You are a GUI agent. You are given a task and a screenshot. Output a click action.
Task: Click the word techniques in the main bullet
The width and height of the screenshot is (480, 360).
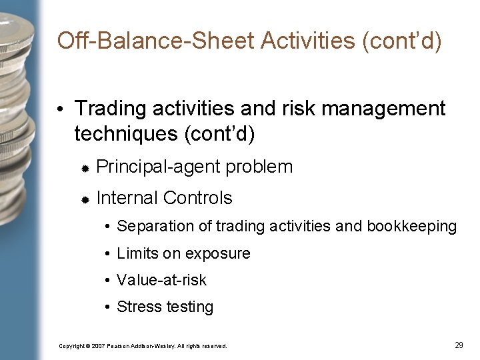(125, 134)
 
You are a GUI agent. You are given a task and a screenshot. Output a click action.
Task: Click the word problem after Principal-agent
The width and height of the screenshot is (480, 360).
(259, 167)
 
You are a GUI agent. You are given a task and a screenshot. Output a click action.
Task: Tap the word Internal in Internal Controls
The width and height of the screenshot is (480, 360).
(127, 198)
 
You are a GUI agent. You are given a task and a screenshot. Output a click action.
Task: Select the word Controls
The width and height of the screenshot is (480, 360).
(197, 198)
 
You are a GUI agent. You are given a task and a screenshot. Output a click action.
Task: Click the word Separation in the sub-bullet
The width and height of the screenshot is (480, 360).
(149, 227)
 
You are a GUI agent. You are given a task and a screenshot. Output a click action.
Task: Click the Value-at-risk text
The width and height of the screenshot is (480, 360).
(161, 280)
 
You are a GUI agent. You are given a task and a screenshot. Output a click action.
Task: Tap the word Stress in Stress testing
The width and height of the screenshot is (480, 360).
(135, 307)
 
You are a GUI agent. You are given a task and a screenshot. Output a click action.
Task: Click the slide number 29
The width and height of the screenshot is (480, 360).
(459, 345)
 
